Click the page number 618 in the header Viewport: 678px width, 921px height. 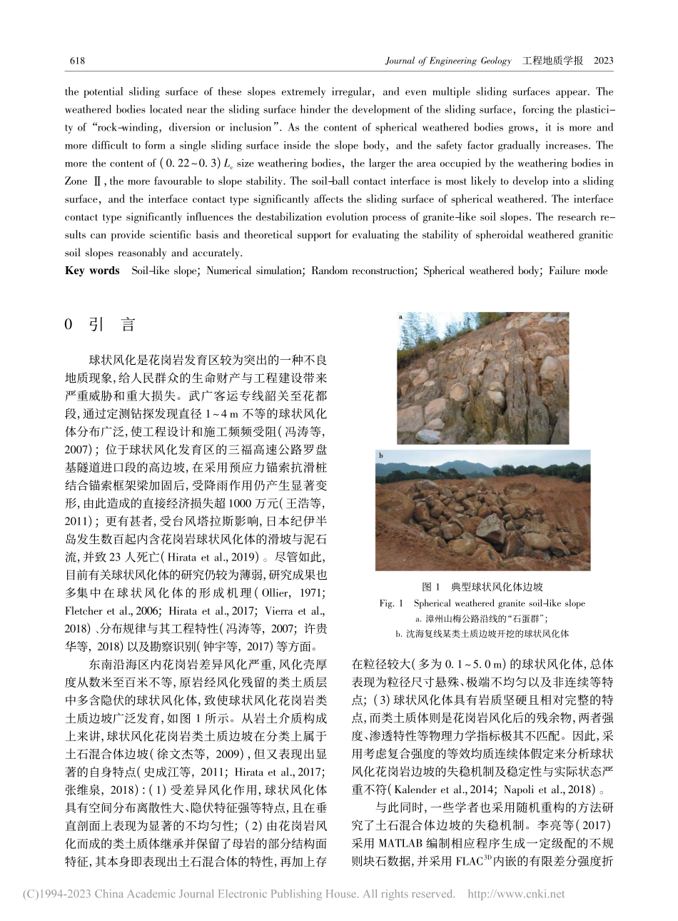[76, 61]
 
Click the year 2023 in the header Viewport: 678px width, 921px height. [603, 61]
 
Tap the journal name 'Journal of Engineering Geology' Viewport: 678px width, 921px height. [447, 61]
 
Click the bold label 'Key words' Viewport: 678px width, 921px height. [92, 271]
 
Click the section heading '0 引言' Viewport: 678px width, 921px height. [99, 325]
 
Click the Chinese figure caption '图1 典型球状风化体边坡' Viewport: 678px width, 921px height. [482, 587]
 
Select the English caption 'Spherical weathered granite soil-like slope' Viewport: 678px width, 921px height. [499, 603]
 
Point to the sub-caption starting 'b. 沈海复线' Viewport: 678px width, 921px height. [482, 633]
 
